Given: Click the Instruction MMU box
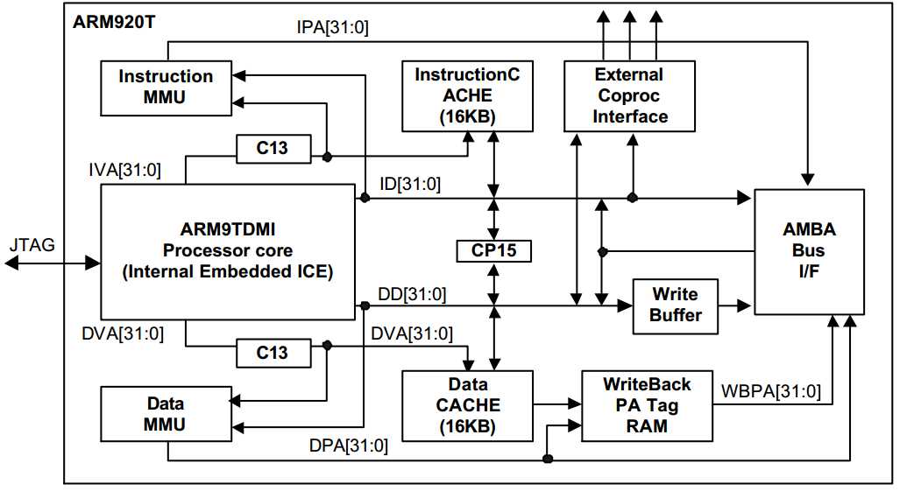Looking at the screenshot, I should tap(166, 87).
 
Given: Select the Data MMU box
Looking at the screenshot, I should tap(165, 414).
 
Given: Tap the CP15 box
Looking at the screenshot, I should tap(494, 251).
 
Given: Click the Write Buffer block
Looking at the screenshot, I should tap(676, 305).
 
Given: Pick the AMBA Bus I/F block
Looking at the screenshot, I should tap(809, 251).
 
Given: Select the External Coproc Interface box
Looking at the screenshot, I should tap(630, 95).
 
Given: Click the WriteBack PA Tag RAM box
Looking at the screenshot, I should tap(647, 405).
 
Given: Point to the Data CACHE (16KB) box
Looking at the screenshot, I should tap(466, 405).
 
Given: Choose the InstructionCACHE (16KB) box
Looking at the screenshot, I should tap(466, 95).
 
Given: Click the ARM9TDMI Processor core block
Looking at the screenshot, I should tap(227, 251).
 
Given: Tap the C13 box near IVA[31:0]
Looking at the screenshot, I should tap(272, 148).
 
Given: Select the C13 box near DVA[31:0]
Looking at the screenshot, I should tap(272, 353).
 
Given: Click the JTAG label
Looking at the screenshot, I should tap(32, 245).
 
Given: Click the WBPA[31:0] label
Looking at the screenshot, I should tap(771, 391).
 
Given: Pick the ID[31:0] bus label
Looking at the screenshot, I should tap(409, 185).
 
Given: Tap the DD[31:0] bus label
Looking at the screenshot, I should tap(411, 294).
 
